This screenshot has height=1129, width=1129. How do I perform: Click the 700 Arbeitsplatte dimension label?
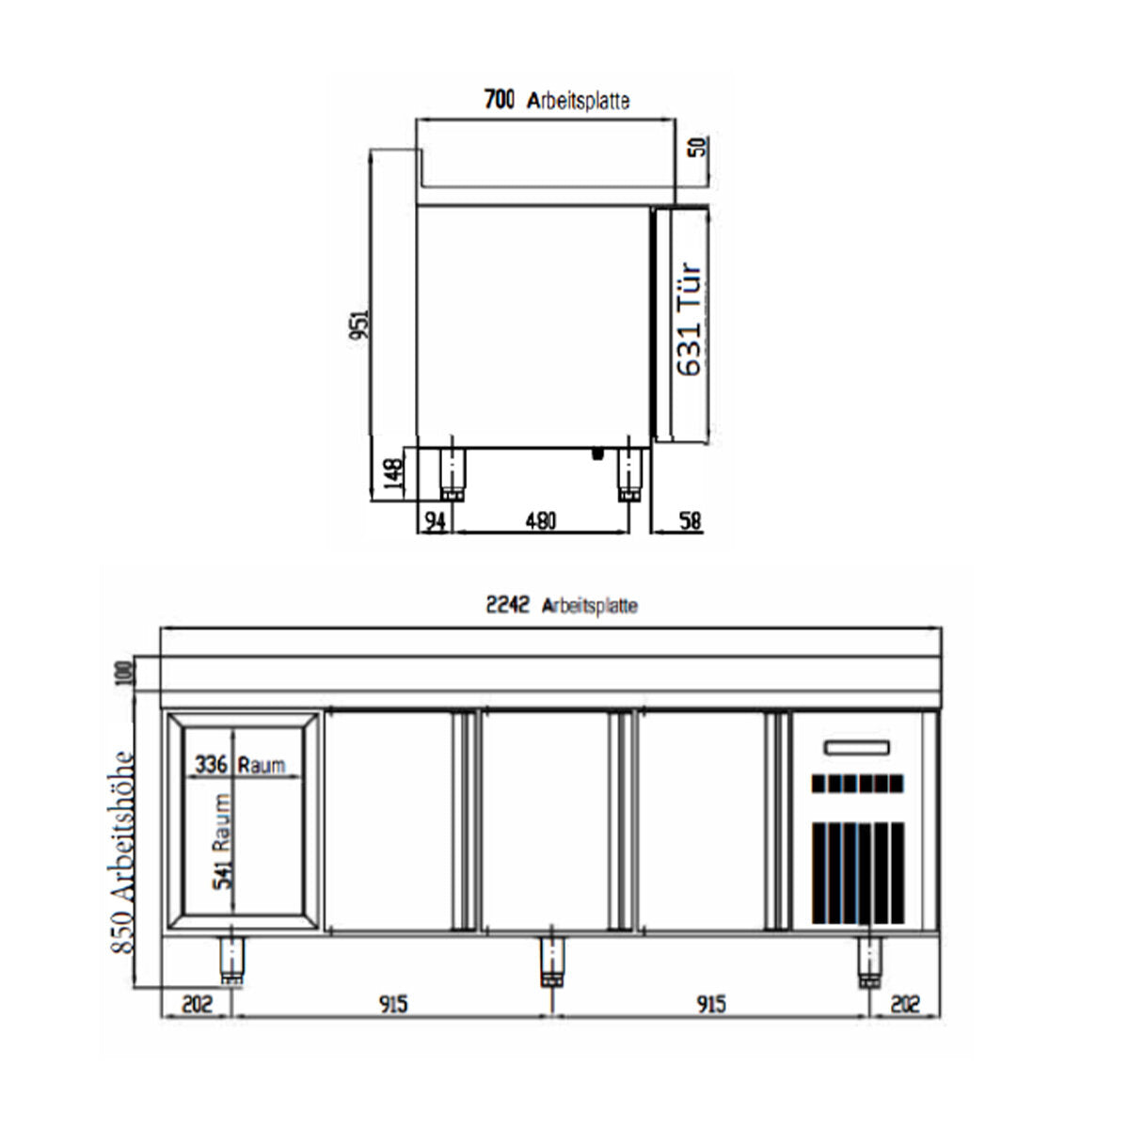tap(556, 100)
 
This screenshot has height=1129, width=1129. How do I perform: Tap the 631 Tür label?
tap(690, 320)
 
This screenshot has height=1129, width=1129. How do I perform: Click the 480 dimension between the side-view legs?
tap(540, 520)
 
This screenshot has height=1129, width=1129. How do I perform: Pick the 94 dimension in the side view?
tap(434, 520)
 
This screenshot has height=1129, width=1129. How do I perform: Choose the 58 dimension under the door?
tap(690, 520)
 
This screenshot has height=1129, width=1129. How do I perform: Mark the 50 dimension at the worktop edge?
tap(697, 148)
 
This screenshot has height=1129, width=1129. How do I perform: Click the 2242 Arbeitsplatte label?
tap(561, 605)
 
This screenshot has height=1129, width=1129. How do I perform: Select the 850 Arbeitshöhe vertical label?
tap(123, 851)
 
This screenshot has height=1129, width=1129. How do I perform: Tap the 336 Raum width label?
tap(239, 764)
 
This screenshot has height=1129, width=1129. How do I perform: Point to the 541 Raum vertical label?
tap(222, 841)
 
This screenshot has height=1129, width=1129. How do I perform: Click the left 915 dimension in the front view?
tap(392, 1004)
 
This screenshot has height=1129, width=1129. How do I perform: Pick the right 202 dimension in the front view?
tap(904, 1004)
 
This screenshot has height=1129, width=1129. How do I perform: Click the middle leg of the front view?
tap(552, 962)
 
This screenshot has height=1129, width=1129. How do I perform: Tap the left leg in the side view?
tap(453, 472)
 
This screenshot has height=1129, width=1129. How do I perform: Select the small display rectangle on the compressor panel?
tap(856, 749)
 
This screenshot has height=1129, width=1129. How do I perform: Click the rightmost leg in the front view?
tap(869, 962)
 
